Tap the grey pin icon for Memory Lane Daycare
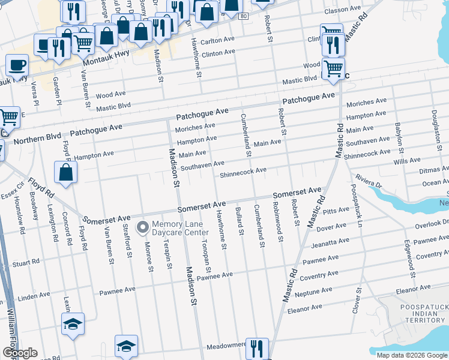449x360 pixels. [x=143, y=227]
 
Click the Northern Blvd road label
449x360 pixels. [x=37, y=139]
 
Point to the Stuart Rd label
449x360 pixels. [x=26, y=262]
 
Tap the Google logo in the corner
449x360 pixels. [x=20, y=353]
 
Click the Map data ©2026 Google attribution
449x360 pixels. [x=411, y=355]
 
